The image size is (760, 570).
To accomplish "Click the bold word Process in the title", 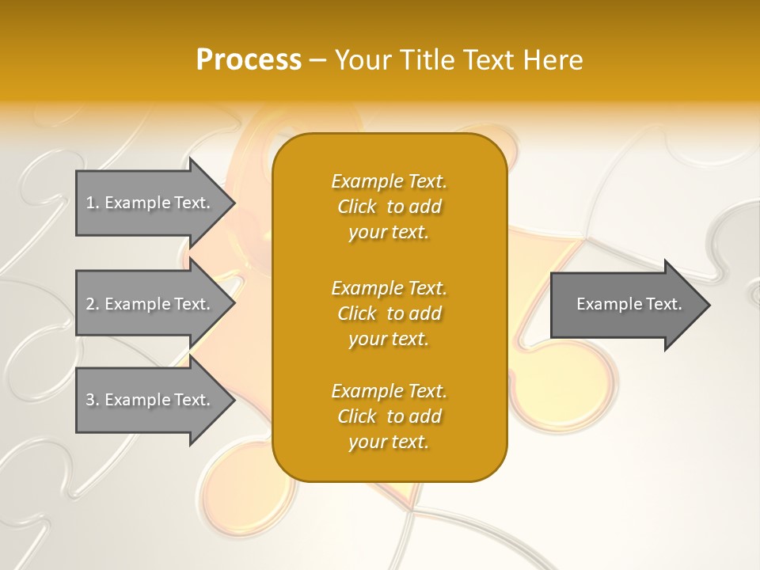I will (x=249, y=60).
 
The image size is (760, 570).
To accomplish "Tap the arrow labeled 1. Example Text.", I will (x=150, y=203).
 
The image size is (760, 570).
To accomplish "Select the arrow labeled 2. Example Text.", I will (x=150, y=304).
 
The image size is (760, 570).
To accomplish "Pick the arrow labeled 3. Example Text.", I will (x=150, y=400).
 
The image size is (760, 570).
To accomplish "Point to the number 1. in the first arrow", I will (x=93, y=203).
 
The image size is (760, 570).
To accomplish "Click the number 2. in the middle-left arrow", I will (x=93, y=304).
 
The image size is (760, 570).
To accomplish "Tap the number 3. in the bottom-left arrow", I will (x=93, y=400).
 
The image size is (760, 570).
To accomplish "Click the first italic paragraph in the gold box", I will (x=389, y=207).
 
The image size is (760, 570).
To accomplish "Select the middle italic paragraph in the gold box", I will (x=389, y=313).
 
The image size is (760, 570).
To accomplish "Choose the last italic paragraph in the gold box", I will (x=389, y=416).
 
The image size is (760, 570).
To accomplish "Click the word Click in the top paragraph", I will (x=357, y=207).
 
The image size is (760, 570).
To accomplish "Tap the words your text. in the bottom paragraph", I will (x=389, y=442).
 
